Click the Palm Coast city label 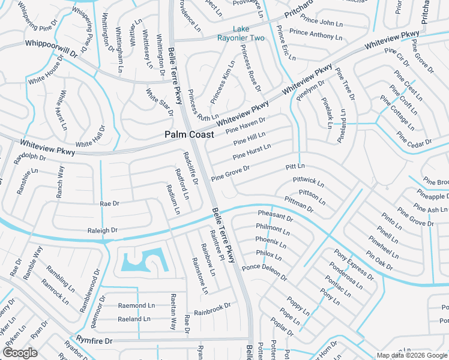[189, 135]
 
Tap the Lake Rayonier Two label [249, 34]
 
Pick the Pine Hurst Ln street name [252, 151]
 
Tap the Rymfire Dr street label [94, 341]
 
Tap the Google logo [20, 352]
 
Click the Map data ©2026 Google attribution [411, 355]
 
